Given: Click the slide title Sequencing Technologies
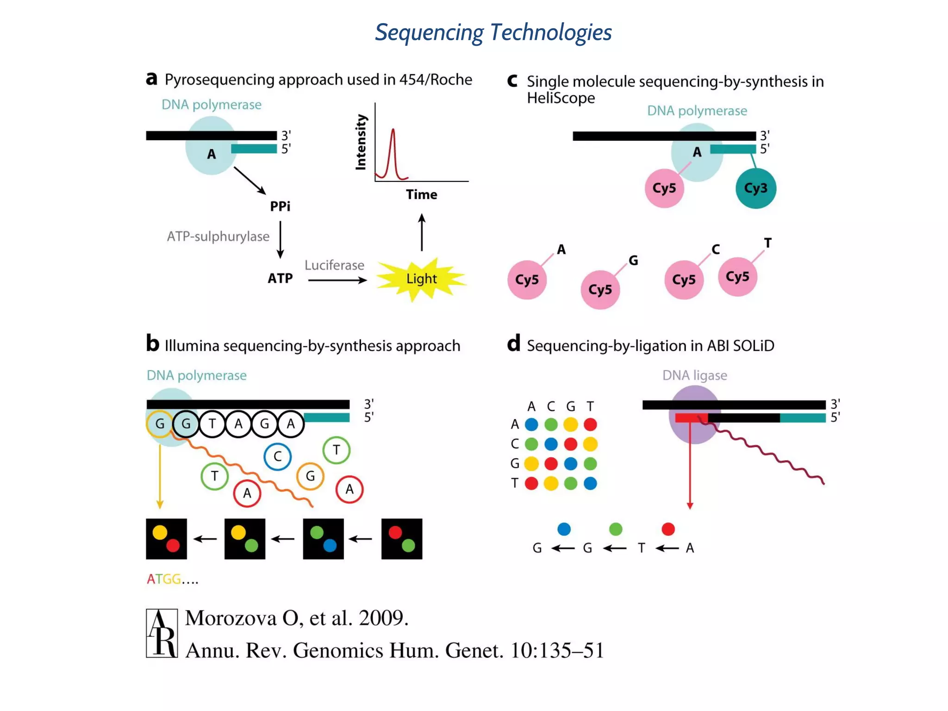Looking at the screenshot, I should tap(493, 32).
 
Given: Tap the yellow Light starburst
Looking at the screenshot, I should tap(421, 279).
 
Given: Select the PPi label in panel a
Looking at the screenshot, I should tap(280, 206).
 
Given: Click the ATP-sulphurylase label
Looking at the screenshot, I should tap(218, 237).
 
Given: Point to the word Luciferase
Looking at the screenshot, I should tap(334, 265).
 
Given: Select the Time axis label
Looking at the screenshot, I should tap(421, 194).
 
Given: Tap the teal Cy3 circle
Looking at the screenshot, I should tap(755, 188).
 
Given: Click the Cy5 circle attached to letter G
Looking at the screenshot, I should tap(600, 290).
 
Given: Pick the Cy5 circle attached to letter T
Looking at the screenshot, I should tap(737, 277).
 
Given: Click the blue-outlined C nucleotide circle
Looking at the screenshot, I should tap(277, 456).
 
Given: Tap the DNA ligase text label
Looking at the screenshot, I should tap(694, 375).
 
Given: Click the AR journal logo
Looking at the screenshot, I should tap(162, 633).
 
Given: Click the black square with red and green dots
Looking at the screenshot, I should tap(401, 539).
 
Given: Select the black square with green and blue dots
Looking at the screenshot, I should tap(323, 539).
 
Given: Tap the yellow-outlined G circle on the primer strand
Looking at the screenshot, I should tap(160, 424).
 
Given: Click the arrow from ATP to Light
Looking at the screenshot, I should tap(337, 280).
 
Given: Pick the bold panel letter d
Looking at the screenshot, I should tap(513, 344).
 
